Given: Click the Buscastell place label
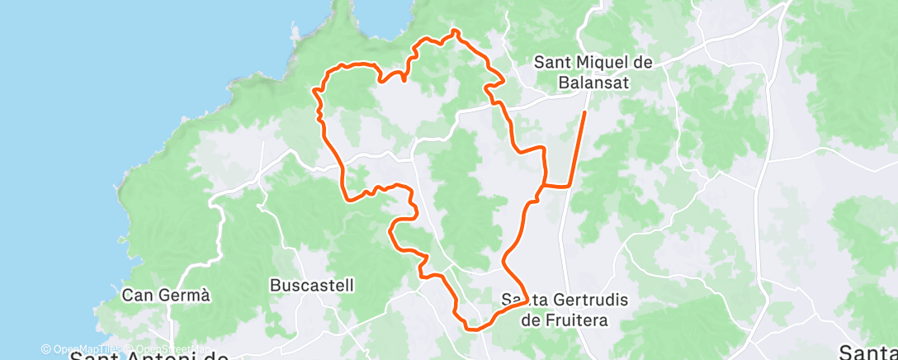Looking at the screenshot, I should tap(312, 286).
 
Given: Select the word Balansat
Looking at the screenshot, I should tap(593, 82).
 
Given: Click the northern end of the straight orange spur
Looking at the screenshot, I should tap(585, 111).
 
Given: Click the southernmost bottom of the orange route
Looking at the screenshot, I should tap(472, 329).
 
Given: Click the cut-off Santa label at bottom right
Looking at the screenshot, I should tap(867, 352).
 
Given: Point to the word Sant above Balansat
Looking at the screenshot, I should tap(552, 63).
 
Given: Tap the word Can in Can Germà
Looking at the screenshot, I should tap(137, 295).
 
